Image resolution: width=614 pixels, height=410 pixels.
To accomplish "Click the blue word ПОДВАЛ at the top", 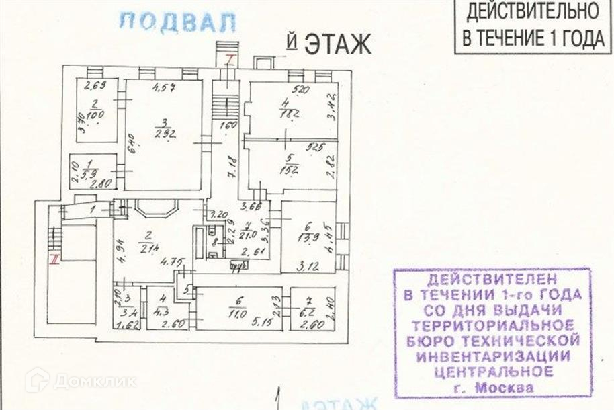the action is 177,22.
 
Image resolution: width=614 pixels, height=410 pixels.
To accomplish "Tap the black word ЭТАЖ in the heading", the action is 338,44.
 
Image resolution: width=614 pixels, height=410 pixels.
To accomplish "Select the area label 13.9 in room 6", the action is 308,239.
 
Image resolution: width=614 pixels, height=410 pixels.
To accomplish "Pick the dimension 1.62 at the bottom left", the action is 126,325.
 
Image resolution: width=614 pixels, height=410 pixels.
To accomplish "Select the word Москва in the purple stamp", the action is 504,388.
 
